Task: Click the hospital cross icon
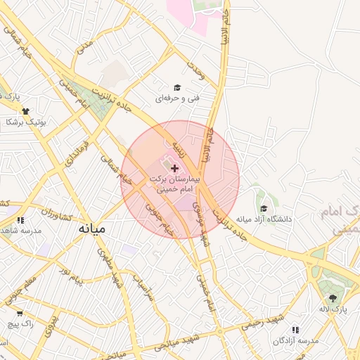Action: [x=175, y=168]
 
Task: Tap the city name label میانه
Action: [x=91, y=229]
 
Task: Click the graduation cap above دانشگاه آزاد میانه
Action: [x=264, y=208]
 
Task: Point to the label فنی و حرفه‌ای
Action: [x=178, y=98]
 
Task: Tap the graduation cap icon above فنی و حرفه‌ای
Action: [x=178, y=87]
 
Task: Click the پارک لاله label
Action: [x=334, y=309]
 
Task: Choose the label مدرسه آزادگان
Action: [x=296, y=340]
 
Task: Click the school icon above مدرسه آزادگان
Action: [x=295, y=329]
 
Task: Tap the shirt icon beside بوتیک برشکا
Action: [x=27, y=111]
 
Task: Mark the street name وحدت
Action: [x=195, y=70]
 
